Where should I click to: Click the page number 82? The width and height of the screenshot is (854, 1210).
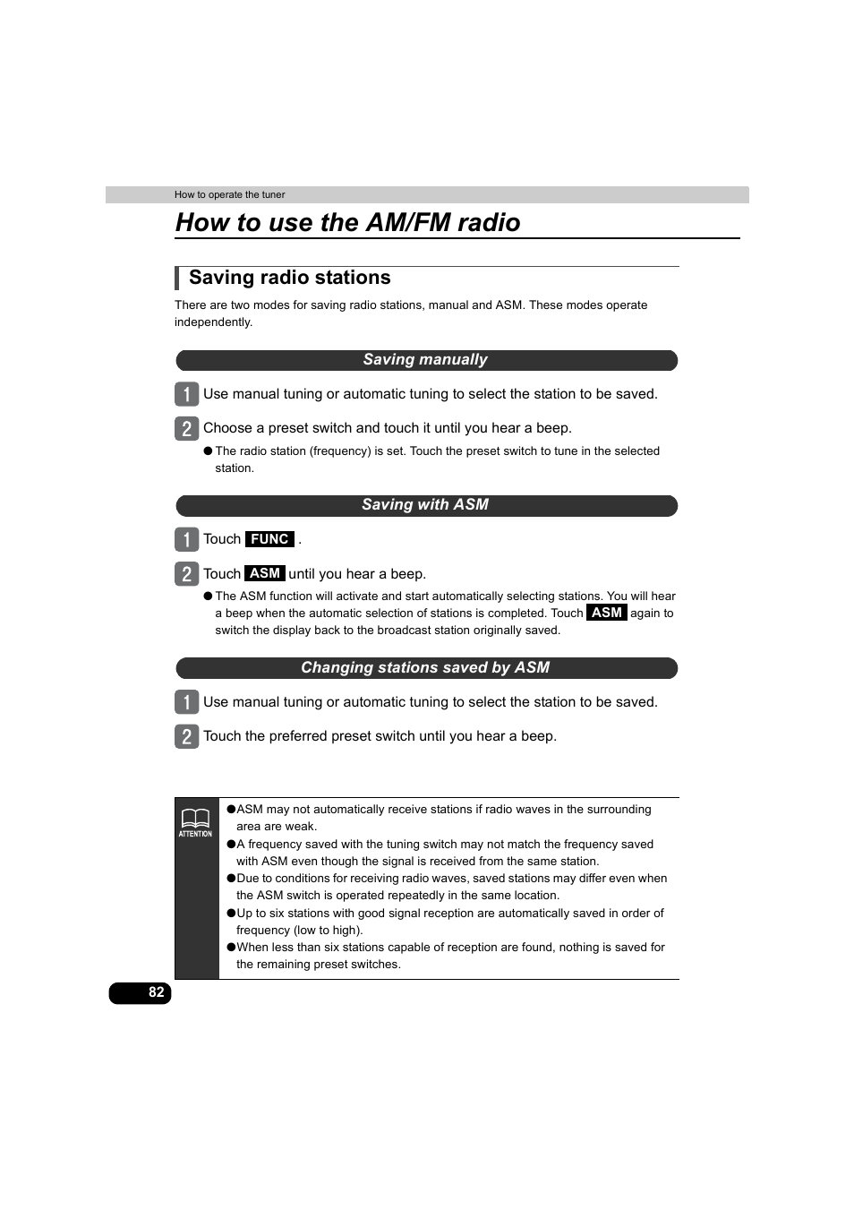156,992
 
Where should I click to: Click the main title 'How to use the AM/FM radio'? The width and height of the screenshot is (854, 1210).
347,222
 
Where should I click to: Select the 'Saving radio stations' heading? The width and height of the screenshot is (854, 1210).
289,278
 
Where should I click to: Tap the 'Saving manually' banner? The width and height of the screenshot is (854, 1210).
425,360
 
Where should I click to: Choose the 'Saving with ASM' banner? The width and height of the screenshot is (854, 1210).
425,505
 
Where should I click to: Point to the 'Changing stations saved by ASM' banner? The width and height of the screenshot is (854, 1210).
425,668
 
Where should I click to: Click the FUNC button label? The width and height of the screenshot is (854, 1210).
269,539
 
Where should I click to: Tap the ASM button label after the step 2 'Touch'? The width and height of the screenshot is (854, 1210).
265,573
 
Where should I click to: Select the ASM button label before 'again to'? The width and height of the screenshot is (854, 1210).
607,613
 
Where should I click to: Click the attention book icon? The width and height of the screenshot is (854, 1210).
195,818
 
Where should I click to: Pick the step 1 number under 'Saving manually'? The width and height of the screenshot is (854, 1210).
186,394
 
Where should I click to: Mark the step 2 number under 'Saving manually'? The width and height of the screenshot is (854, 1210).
186,428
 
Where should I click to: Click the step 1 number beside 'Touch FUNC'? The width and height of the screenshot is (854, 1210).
186,539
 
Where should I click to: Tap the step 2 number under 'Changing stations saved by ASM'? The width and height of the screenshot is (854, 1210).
186,736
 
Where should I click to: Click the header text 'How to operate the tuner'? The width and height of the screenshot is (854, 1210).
230,194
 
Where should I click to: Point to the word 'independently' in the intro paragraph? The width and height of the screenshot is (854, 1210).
212,322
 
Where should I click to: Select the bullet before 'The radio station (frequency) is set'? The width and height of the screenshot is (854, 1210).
208,451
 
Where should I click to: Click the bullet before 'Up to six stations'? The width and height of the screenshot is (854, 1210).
231,914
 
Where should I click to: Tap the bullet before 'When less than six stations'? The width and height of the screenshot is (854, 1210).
231,948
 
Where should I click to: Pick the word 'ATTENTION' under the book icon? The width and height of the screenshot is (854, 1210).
195,834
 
